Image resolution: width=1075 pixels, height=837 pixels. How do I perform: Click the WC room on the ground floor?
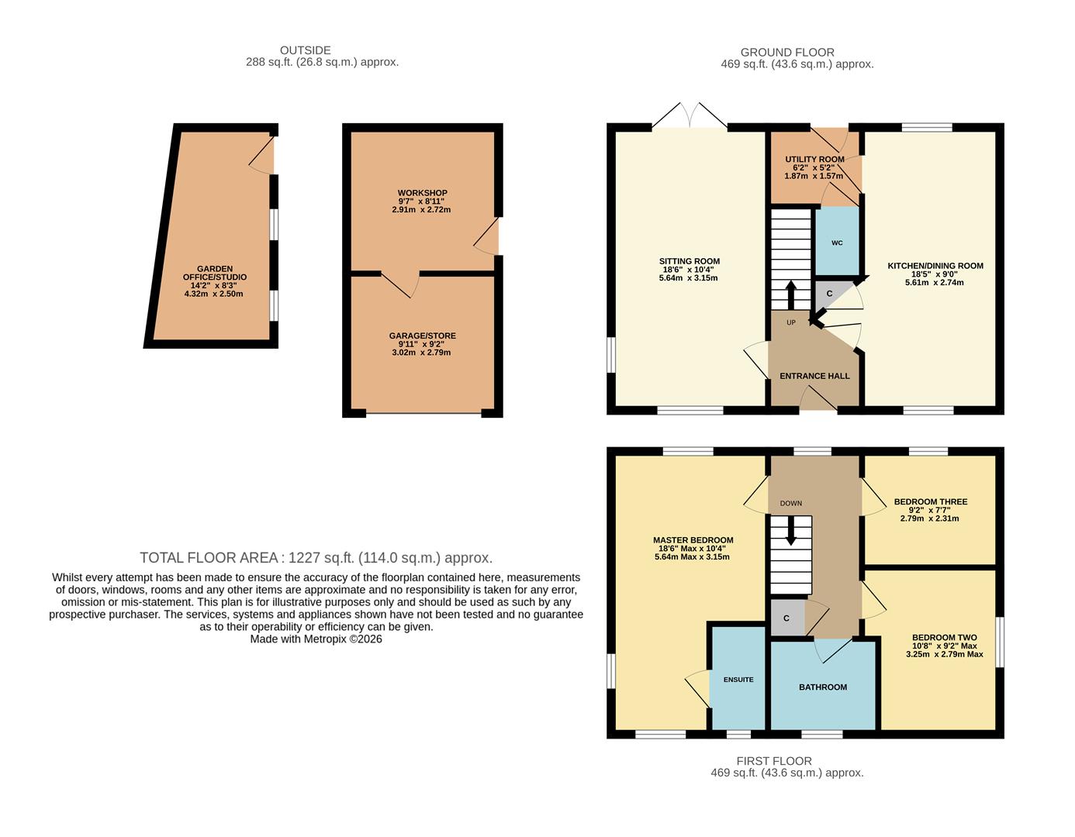coord(837,243)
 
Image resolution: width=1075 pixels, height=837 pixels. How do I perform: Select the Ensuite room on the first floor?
coord(738,680)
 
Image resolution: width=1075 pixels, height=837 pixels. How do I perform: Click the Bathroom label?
coord(823,687)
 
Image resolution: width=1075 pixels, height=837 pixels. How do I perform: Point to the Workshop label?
coord(422,193)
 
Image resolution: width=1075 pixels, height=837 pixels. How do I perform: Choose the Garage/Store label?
coord(422,336)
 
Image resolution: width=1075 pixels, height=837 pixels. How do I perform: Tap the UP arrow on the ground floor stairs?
coord(791,294)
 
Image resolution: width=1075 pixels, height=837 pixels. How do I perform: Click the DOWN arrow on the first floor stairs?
coord(791,531)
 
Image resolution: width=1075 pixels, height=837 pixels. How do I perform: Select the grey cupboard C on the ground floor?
coord(828,294)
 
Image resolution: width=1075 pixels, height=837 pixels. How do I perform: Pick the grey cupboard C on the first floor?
coord(786,618)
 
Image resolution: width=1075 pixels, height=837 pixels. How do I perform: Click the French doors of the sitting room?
coord(690,115)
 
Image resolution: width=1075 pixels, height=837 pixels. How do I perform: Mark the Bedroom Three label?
coord(930,501)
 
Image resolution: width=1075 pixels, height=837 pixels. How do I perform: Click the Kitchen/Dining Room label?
coord(935,266)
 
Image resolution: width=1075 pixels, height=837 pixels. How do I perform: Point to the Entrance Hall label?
coord(814,376)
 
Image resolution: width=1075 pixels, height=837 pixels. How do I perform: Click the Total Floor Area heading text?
coord(316,557)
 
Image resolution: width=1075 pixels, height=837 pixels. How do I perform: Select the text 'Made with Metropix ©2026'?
coord(316,639)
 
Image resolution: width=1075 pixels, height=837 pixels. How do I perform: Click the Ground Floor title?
coord(787,52)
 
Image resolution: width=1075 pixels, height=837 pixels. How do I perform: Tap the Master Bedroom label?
coord(693,540)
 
